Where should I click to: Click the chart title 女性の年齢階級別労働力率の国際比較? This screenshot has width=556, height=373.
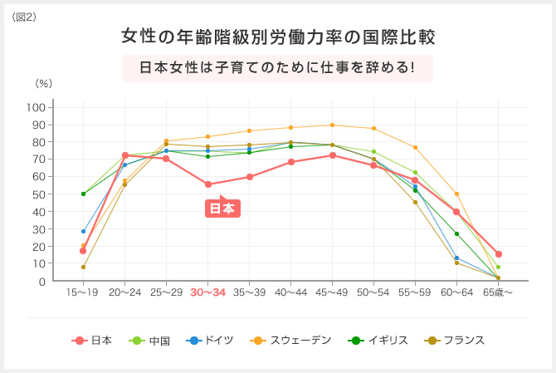click(277, 37)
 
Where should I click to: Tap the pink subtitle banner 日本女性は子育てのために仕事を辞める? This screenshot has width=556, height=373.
click(277, 67)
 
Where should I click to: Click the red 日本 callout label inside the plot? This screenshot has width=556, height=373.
click(221, 209)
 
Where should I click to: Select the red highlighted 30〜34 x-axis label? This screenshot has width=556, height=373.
click(207, 292)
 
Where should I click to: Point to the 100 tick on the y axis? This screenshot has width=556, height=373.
click(35, 107)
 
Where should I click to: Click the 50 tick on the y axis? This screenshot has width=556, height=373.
click(38, 194)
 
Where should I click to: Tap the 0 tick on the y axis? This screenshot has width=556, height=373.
click(41, 282)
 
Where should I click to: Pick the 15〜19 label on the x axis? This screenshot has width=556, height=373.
click(83, 292)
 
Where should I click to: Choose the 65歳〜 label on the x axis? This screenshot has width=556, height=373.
click(498, 292)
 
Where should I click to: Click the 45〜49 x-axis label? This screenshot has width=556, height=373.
click(332, 292)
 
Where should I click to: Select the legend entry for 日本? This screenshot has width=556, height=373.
click(93, 341)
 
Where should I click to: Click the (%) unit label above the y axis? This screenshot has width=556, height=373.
click(43, 84)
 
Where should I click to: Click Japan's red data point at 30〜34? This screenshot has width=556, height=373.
click(207, 184)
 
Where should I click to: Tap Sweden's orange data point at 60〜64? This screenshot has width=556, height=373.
click(456, 194)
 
